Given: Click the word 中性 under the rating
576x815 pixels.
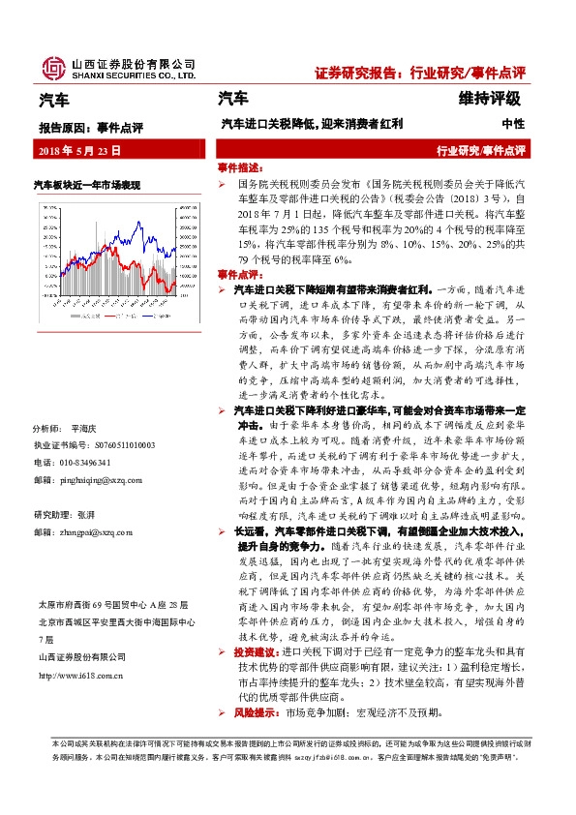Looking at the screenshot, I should tap(513, 124).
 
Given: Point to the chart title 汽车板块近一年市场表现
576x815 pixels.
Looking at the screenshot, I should tap(87, 183).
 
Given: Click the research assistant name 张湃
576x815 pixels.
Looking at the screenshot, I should tap(89, 515).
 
